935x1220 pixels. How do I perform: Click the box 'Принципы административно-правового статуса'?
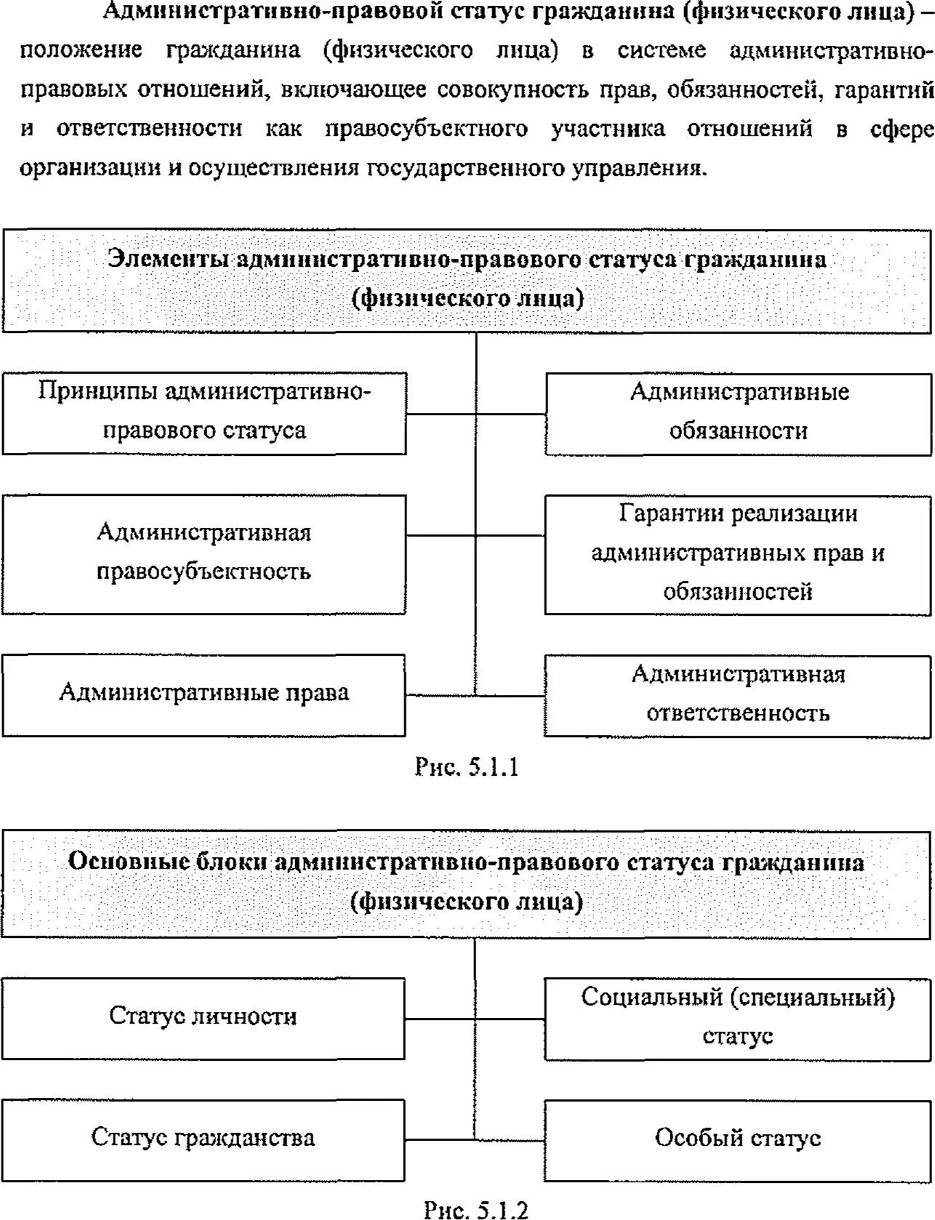click(204, 412)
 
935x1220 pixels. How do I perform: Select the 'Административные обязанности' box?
click(738, 412)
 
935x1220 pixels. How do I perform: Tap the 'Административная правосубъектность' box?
click(204, 553)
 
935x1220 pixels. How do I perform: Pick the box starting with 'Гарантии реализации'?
click(737, 553)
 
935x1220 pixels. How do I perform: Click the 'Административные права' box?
click(204, 694)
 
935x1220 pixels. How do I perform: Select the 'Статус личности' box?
click(203, 1016)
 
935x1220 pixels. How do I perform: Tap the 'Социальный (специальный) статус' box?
click(737, 1017)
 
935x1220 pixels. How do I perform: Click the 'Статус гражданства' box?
click(203, 1138)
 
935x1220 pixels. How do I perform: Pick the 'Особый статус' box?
click(737, 1139)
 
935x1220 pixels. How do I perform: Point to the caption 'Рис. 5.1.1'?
click(466, 767)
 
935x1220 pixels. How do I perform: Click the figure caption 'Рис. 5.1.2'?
click(475, 1210)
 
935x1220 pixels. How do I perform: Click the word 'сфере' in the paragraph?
click(902, 129)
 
